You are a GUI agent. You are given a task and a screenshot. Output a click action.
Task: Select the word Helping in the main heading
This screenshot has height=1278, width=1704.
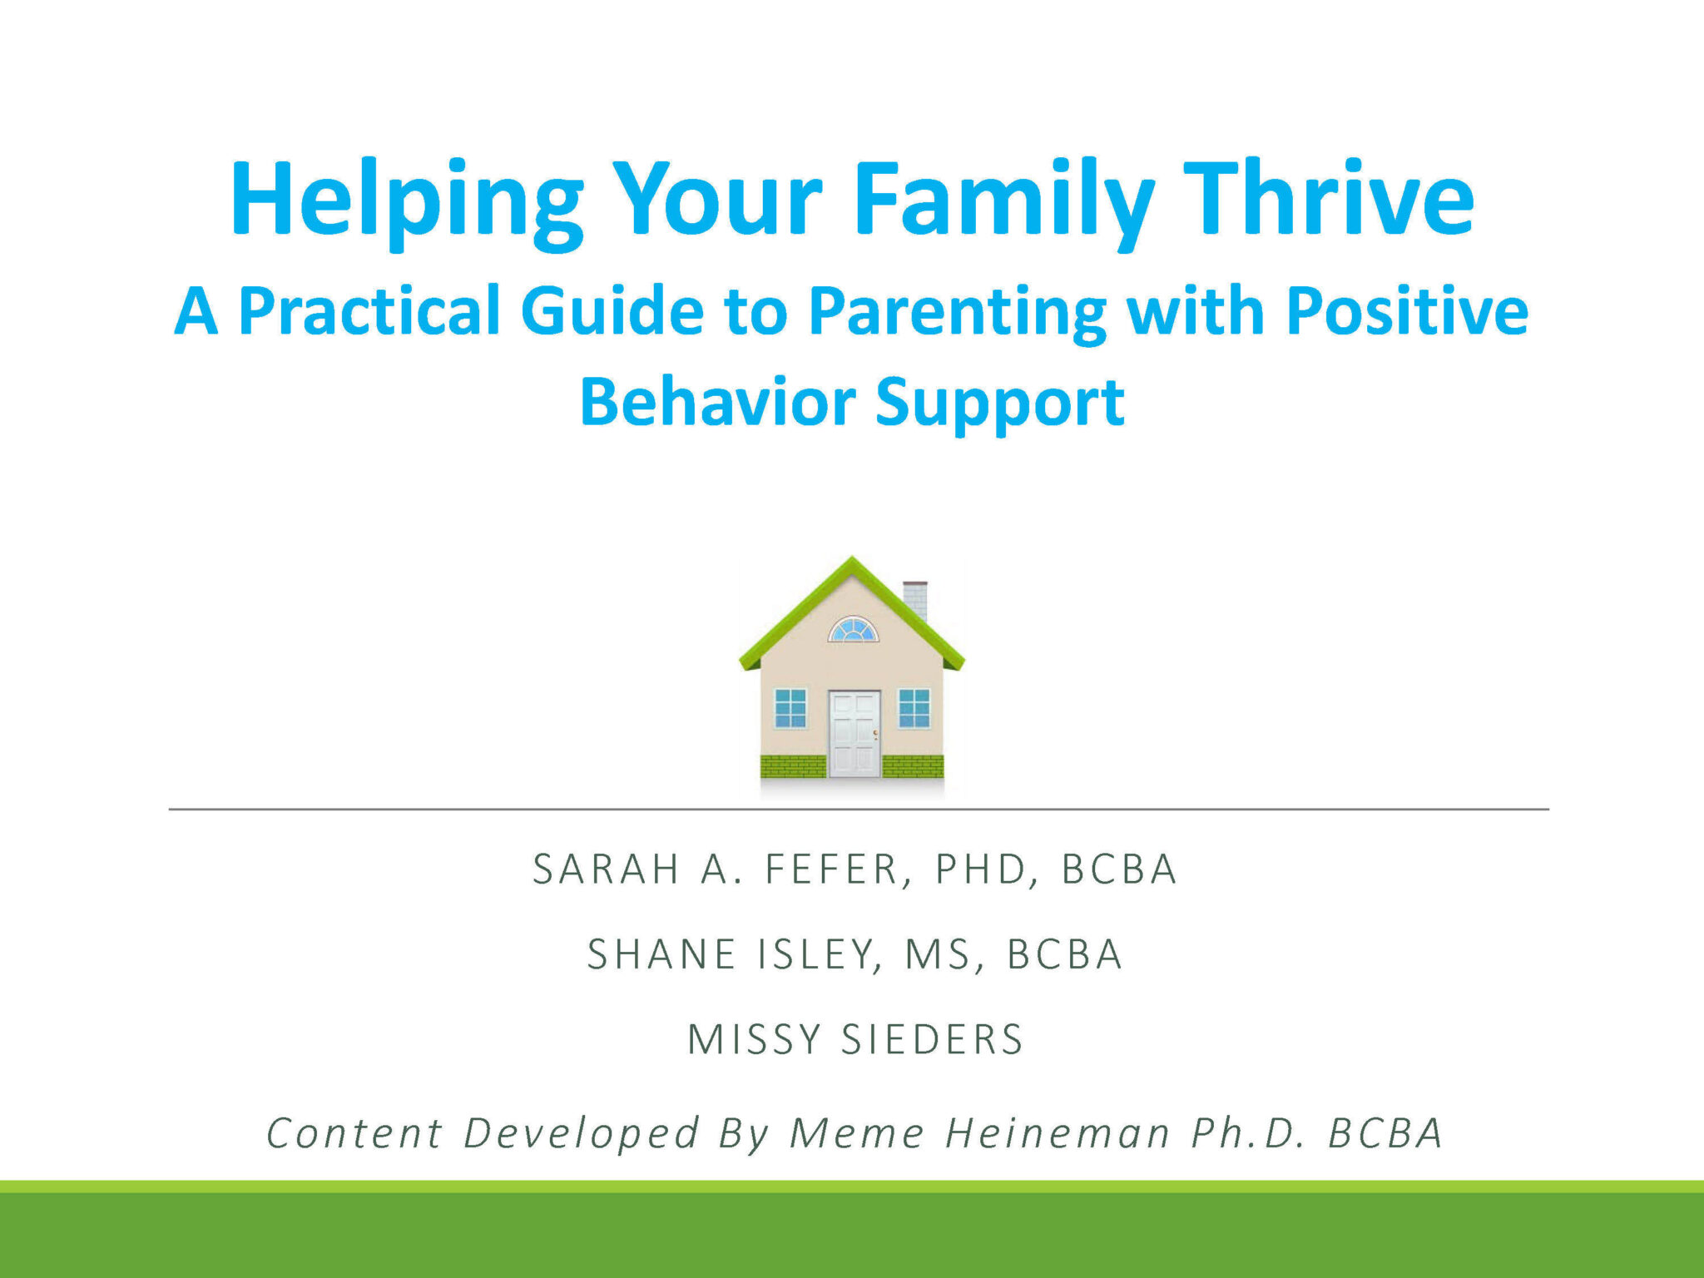406,204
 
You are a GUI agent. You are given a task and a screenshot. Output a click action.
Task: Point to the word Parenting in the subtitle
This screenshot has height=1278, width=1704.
958,315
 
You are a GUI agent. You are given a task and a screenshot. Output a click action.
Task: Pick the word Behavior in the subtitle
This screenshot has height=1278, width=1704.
717,402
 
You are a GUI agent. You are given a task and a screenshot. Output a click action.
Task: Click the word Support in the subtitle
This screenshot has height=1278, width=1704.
1000,405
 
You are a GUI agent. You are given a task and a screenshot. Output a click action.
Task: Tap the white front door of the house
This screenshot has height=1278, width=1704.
854,733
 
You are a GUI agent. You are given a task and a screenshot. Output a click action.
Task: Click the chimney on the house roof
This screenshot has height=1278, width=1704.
915,599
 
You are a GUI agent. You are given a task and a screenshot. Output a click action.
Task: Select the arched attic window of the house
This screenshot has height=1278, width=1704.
853,630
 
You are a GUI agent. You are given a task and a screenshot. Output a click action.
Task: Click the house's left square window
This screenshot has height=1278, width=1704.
790,708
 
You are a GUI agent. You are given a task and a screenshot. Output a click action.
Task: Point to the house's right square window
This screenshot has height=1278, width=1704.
914,708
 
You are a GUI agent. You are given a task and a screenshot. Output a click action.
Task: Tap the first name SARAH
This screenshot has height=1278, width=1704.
607,869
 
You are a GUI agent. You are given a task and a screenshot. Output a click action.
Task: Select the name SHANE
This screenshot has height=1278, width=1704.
661,954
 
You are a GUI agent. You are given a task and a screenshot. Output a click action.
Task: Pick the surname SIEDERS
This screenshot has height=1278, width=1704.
932,1039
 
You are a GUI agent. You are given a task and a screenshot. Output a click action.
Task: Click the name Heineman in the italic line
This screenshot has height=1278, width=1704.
1058,1133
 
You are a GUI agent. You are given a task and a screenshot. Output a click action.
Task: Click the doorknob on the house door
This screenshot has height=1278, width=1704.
874,733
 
